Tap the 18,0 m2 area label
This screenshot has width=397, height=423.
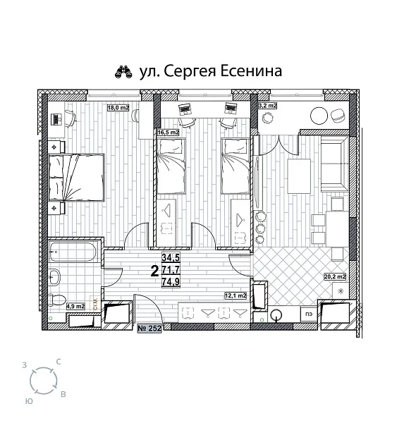[118, 108]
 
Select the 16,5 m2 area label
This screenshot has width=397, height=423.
[168, 132]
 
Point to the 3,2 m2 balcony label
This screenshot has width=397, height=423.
[268, 106]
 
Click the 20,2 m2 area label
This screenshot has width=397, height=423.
[334, 276]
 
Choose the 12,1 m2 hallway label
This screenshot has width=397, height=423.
[234, 296]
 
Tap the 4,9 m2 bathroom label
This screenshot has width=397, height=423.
[75, 306]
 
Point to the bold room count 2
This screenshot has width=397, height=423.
[154, 270]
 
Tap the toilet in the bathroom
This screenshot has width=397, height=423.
[59, 300]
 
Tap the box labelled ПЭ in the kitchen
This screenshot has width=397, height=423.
[308, 314]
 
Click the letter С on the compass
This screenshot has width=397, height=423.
[59, 361]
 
